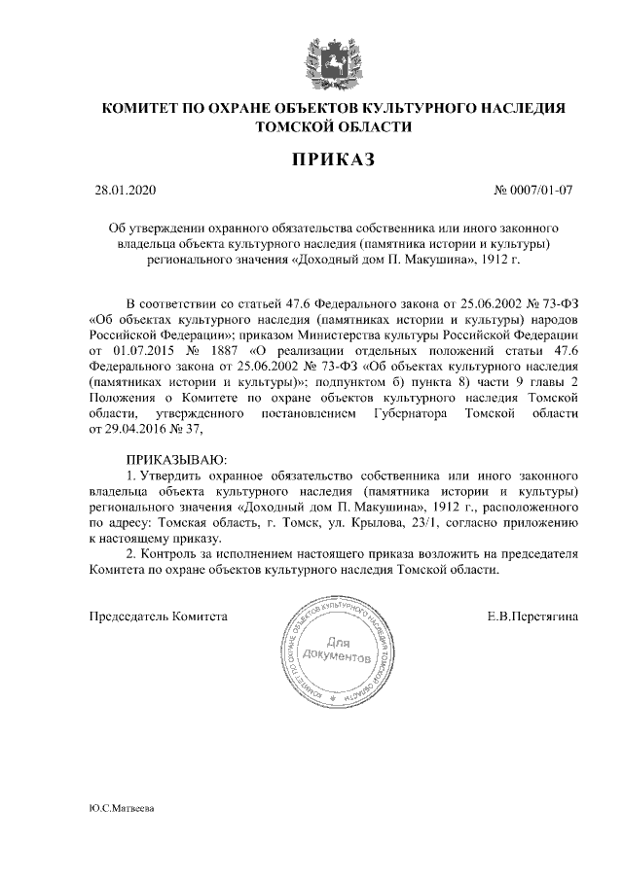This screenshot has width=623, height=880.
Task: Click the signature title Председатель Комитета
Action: [158, 616]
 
